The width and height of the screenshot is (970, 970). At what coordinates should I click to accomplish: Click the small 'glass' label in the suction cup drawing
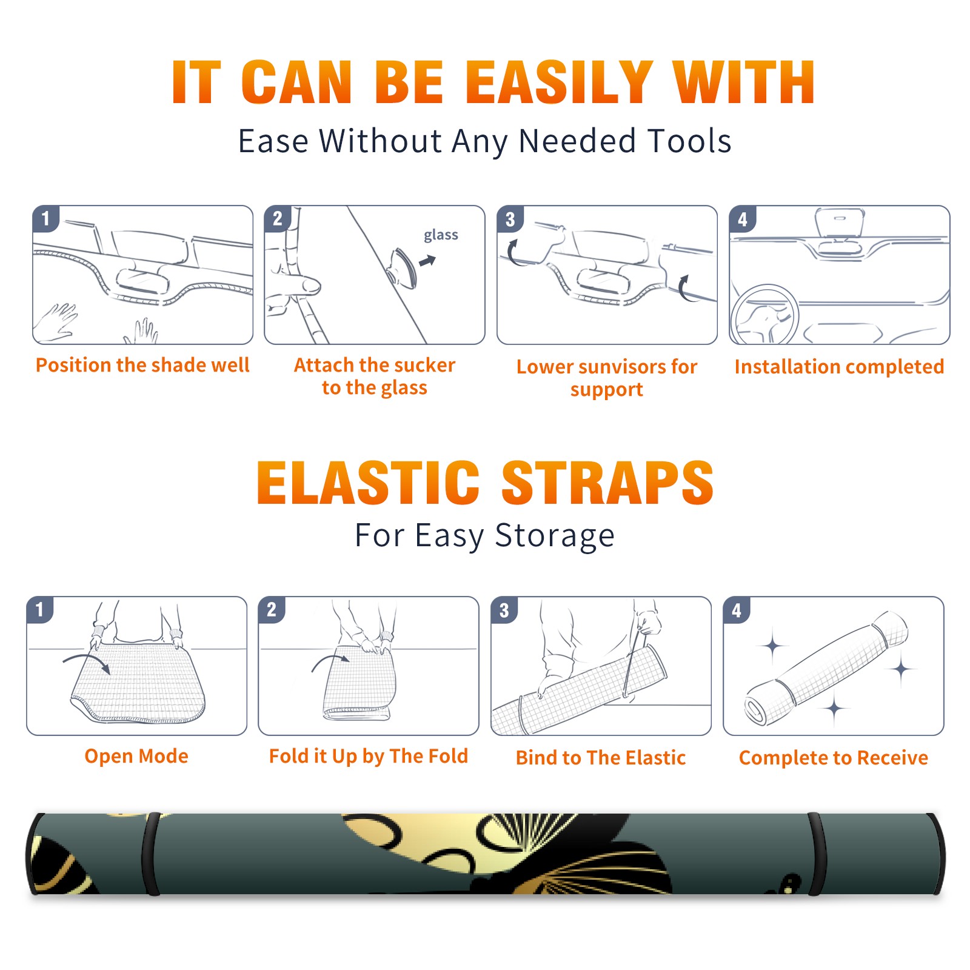(441, 235)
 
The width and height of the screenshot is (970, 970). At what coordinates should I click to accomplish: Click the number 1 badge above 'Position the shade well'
(45, 218)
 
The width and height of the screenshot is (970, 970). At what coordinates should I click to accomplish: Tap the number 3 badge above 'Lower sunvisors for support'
(510, 219)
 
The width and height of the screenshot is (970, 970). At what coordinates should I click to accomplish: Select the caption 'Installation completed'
(839, 366)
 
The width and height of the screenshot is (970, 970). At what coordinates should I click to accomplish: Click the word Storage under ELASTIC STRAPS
(555, 536)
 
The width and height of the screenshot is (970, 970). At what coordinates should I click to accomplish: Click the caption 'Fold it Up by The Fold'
(369, 757)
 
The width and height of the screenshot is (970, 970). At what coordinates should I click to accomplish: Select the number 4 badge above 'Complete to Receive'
(737, 610)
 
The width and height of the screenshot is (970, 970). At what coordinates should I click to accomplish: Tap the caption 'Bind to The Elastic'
(601, 758)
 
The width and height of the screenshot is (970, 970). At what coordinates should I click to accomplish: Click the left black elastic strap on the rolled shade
(151, 854)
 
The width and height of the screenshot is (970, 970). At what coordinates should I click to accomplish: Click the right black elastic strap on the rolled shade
(817, 854)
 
